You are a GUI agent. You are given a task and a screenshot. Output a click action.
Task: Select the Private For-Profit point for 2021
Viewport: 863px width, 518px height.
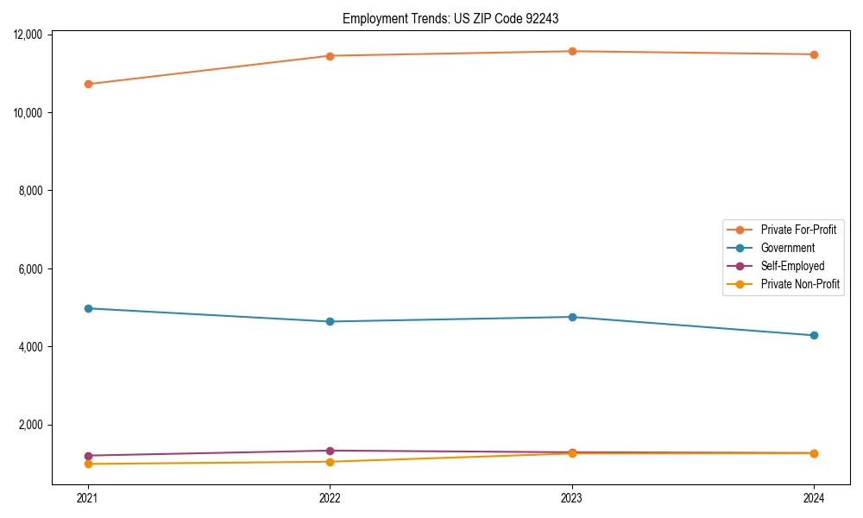(88, 84)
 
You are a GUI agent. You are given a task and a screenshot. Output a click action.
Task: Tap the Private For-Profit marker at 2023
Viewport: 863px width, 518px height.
(572, 51)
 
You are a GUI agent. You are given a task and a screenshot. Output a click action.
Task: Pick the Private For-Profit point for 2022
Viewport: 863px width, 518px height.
(330, 56)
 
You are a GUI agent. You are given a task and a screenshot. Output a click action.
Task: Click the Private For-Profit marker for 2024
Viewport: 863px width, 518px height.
(814, 54)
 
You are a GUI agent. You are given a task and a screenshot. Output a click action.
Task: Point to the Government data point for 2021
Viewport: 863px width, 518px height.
(88, 308)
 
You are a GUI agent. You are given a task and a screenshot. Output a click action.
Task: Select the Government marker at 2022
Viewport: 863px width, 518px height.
(330, 321)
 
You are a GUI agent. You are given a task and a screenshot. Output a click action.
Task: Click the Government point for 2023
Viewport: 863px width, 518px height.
(572, 317)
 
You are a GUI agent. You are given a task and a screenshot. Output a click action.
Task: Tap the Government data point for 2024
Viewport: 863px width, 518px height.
(814, 335)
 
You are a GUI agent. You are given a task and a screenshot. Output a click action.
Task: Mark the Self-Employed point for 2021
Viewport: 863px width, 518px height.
(88, 456)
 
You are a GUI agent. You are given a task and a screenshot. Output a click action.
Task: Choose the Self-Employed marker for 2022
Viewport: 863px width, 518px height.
(330, 451)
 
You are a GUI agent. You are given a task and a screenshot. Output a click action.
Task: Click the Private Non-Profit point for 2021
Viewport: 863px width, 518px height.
(88, 464)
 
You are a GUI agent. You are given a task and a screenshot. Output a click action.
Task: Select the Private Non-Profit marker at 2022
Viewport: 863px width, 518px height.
(330, 462)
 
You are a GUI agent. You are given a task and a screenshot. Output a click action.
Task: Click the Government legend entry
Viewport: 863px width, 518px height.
(787, 248)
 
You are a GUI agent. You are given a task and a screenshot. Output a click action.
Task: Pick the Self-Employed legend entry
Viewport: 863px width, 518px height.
(792, 266)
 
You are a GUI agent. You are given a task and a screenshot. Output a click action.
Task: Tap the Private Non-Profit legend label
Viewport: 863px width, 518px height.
(800, 284)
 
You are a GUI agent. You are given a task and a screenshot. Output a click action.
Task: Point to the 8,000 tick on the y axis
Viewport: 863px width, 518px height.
(31, 191)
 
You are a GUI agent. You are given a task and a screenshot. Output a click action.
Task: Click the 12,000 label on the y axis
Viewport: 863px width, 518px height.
(28, 35)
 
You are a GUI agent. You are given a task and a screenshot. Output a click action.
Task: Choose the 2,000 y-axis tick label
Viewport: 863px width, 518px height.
(31, 425)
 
